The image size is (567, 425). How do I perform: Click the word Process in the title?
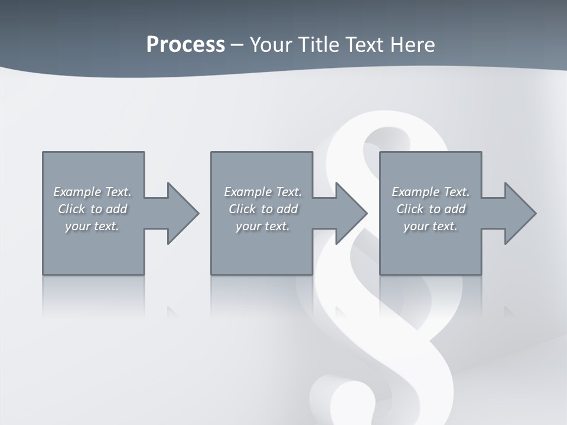[185, 45]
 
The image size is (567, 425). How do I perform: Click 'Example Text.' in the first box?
[92, 192]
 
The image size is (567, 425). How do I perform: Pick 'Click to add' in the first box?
[92, 209]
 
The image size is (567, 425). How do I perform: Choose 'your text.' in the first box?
[92, 226]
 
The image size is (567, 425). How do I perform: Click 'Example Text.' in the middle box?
[263, 192]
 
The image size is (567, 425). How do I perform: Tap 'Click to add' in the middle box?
[263, 209]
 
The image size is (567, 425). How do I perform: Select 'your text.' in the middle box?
[263, 226]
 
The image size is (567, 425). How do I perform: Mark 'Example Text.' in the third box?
[431, 192]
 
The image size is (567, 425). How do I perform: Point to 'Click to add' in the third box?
[431, 209]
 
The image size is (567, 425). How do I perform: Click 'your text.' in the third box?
[431, 226]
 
